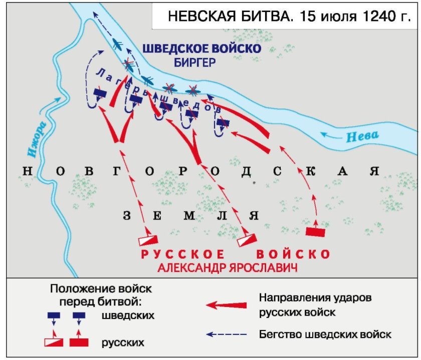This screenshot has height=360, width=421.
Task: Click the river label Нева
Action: click(362, 135)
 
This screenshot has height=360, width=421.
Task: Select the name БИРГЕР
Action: click(195, 63)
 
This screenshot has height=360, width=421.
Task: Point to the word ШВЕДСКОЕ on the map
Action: click(173, 49)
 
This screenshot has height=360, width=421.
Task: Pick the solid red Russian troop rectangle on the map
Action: click(316, 232)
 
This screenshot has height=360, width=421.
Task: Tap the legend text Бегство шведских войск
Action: click(325, 333)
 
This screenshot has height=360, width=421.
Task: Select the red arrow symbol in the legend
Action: click(227, 304)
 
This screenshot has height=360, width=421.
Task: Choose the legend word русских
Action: click(123, 343)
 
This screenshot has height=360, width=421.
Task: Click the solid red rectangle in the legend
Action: click(79, 343)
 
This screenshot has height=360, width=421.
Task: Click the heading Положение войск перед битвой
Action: click(101, 295)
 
